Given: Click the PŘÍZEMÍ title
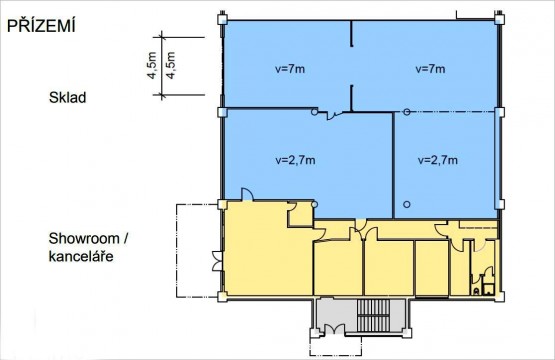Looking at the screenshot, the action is [x=41, y=25].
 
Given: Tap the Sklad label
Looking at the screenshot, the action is [x=67, y=97].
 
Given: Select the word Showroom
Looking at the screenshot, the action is [x=84, y=239].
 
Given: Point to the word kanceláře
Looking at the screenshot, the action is [x=81, y=256].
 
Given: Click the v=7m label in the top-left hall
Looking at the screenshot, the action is [x=290, y=69].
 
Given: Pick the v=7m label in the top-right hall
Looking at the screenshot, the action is [x=430, y=69].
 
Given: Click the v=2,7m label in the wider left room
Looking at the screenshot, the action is [x=295, y=160].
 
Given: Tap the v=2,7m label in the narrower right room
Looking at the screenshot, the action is [x=438, y=160].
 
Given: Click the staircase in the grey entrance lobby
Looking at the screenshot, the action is [x=373, y=315].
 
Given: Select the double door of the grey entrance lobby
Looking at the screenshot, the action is [x=334, y=329].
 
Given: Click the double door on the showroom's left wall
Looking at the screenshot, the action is [x=217, y=261].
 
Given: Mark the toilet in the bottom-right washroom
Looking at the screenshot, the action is [x=476, y=291].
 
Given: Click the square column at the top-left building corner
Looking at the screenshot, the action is [x=222, y=19].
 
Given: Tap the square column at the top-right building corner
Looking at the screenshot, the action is [x=499, y=19].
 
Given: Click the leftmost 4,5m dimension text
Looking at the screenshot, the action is [x=152, y=65].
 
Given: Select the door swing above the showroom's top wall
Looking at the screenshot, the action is [x=247, y=194].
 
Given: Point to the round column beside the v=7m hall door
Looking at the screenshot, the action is [x=314, y=112].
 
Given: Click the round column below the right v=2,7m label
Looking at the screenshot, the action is [x=407, y=204].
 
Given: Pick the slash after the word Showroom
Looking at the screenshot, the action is [x=125, y=239].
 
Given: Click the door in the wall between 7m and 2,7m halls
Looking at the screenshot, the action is [x=334, y=115].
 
